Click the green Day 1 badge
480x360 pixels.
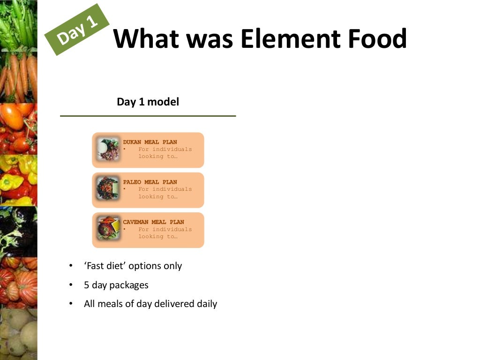pos(77,29)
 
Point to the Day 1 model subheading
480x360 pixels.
pos(148,102)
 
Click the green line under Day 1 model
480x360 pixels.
pos(148,116)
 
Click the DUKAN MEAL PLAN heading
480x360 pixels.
pos(150,142)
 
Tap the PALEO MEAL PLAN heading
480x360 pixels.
pos(150,182)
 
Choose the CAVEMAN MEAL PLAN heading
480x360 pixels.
pos(153,222)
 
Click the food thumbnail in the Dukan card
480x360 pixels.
pos(108,150)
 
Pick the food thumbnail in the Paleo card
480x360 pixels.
pos(108,189)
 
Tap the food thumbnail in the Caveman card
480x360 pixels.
pos(108,229)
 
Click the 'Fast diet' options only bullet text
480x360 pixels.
pos(133,266)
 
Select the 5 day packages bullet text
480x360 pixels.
pos(116,285)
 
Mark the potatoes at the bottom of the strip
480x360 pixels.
pos(19,333)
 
